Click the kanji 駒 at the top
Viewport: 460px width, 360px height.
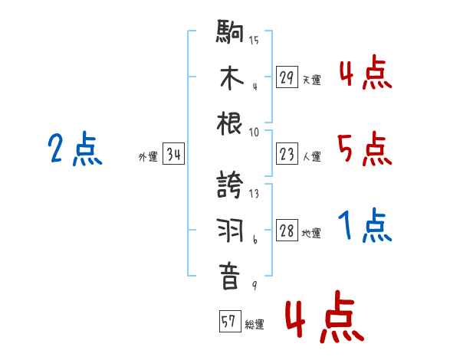point(230,34)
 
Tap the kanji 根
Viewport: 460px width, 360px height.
point(230,124)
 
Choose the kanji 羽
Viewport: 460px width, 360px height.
point(230,231)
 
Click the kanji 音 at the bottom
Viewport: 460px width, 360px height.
point(230,277)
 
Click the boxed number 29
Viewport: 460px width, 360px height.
point(287,77)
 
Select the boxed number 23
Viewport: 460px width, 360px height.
point(287,155)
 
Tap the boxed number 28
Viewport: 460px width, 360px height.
point(287,231)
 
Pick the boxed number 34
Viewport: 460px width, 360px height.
point(173,155)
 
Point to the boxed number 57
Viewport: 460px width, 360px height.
point(228,322)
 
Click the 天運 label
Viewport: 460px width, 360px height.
point(311,80)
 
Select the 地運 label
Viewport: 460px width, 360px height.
point(311,234)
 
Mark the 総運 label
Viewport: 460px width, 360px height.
point(255,324)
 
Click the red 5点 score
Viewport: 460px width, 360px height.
point(363,149)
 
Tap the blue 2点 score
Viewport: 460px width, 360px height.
point(74,149)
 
